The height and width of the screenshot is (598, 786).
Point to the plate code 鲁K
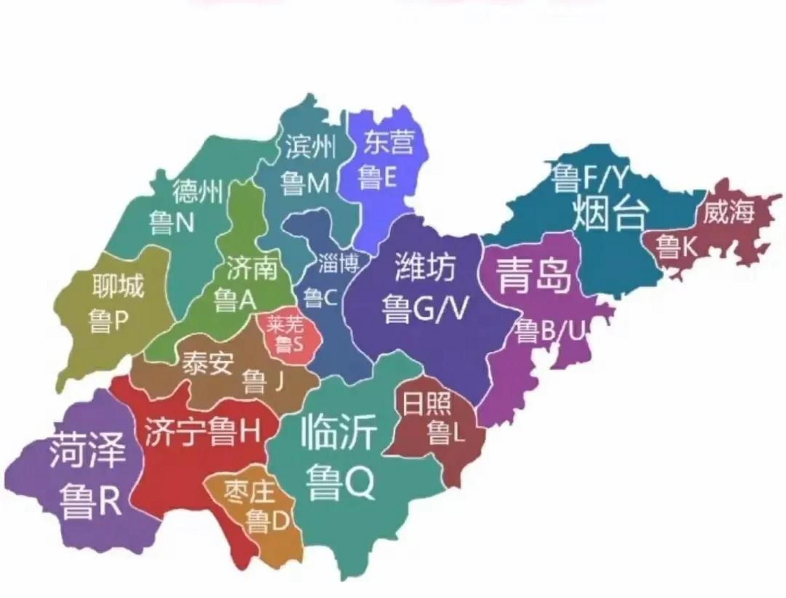point(676,246)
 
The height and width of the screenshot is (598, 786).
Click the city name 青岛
point(533,276)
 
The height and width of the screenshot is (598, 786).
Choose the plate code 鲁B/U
point(550,331)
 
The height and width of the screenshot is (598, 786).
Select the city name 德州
point(197,191)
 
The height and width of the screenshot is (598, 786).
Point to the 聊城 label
point(118,285)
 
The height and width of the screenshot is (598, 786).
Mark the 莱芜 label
point(285,324)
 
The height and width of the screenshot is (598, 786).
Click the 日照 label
point(427,403)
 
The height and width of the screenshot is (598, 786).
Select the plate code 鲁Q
point(340,481)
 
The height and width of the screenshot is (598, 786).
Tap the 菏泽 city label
point(87,450)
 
